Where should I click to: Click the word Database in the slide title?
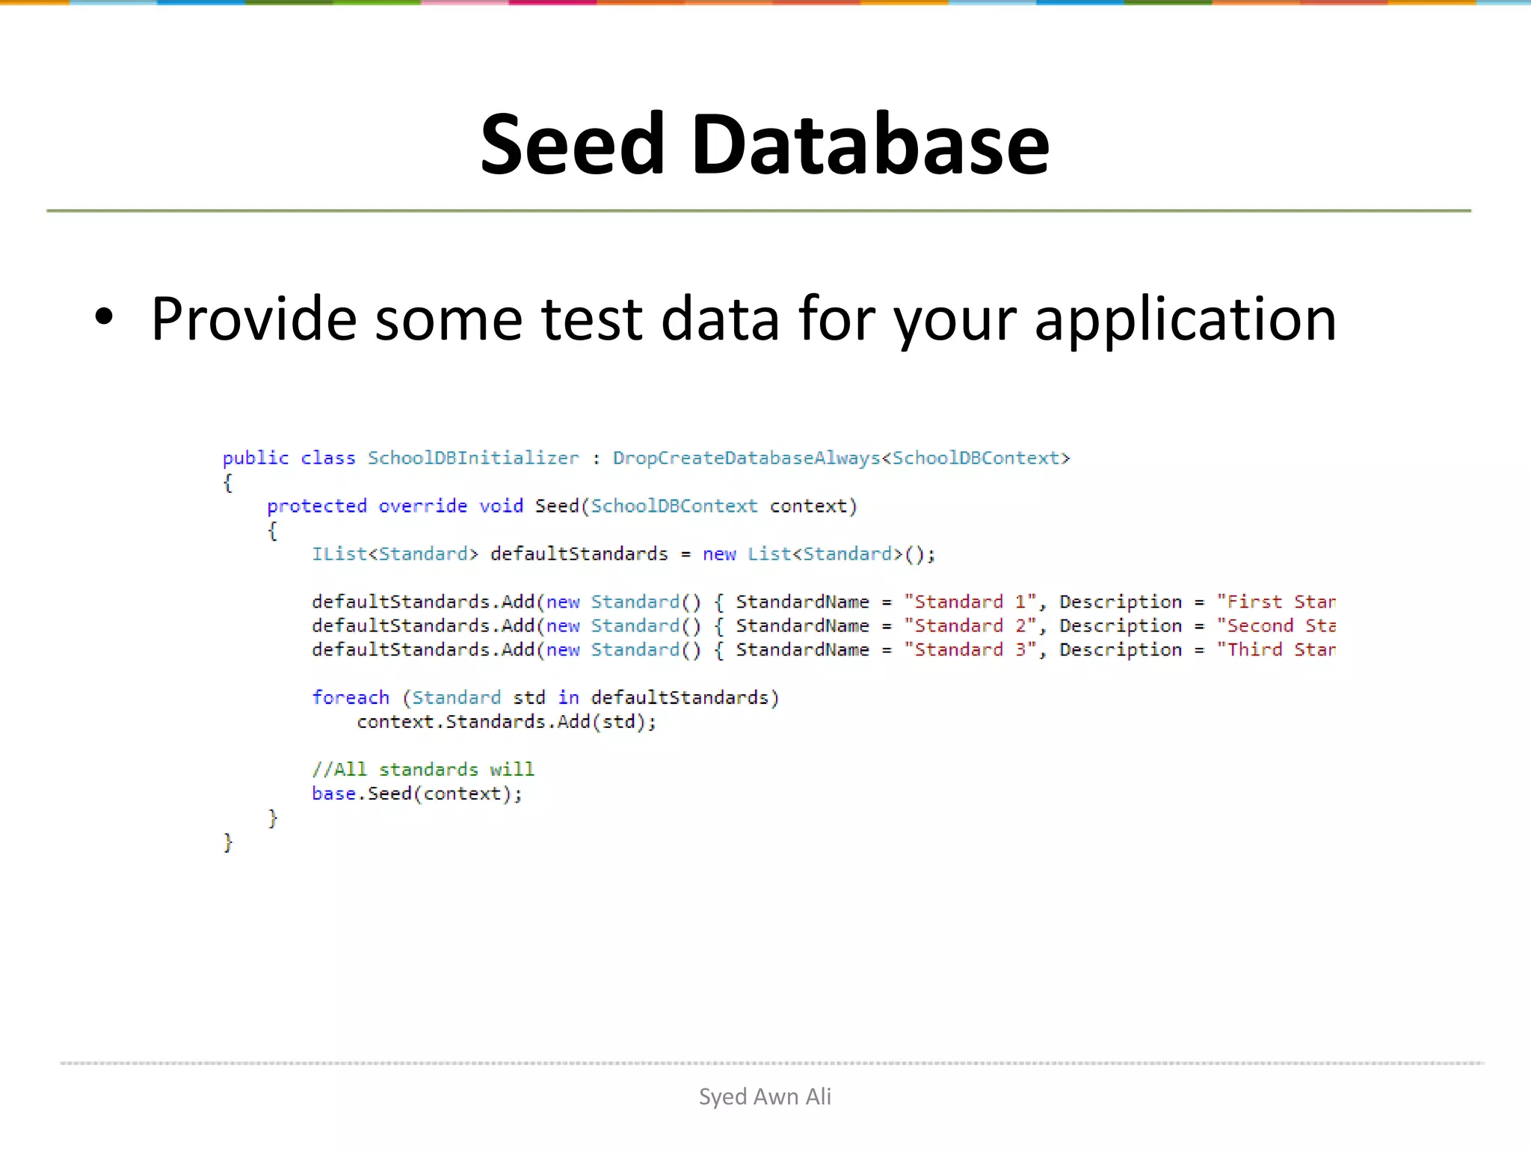point(870,144)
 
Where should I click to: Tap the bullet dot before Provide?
point(104,317)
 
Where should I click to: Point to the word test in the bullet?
point(591,320)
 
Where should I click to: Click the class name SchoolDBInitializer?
point(472,458)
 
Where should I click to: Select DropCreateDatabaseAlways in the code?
point(746,458)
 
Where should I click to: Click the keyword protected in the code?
point(317,506)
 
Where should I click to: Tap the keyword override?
point(422,506)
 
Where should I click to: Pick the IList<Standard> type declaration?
point(394,554)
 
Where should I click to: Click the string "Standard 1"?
point(970,602)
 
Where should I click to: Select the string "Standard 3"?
point(970,650)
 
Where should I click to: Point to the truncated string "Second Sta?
point(1275,626)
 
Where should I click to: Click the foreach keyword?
point(350,698)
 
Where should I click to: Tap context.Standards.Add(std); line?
point(506,722)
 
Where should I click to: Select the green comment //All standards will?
point(422,770)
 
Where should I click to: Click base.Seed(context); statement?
point(416,794)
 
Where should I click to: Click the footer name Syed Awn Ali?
point(765,1097)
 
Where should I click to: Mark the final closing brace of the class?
point(228,842)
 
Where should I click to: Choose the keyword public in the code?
point(255,458)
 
